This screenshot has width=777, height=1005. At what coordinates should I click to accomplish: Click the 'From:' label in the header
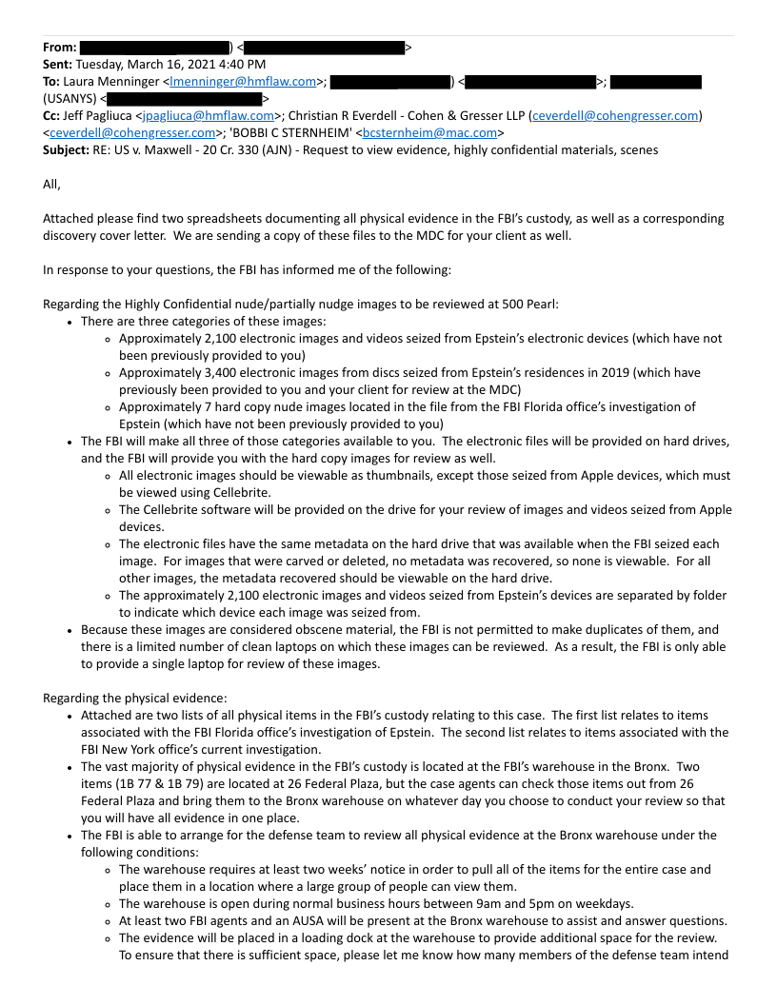pyautogui.click(x=60, y=47)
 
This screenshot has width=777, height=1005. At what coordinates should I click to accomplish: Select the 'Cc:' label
pyautogui.click(x=53, y=115)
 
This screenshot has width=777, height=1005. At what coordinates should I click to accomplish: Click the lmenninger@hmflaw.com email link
pyautogui.click(x=243, y=81)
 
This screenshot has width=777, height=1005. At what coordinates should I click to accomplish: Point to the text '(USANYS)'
pyautogui.click(x=70, y=98)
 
